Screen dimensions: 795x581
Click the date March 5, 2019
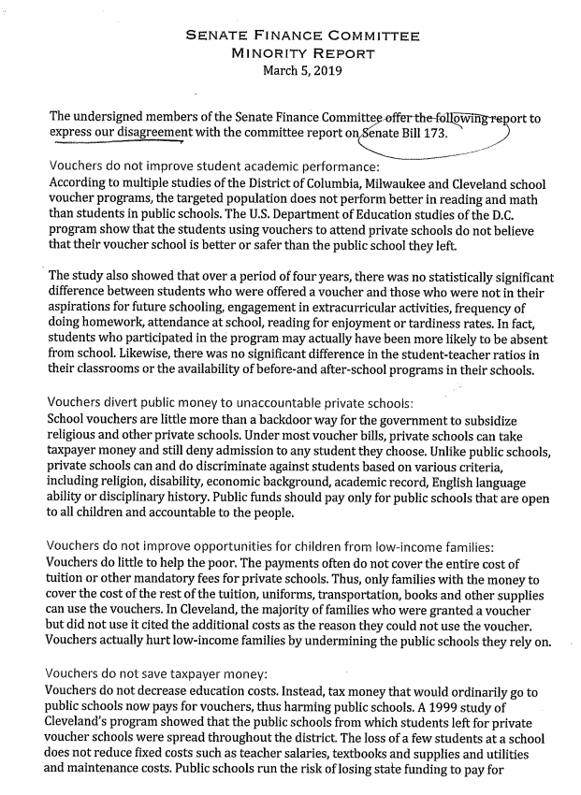(x=302, y=70)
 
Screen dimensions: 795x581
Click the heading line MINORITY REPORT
(x=302, y=53)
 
